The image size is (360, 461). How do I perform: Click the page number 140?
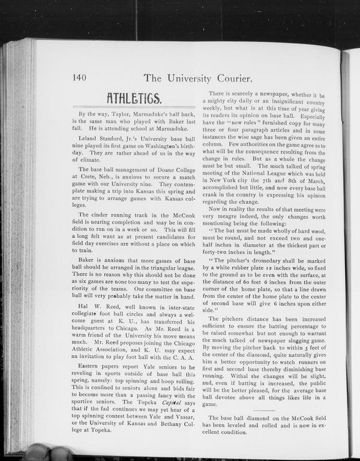81,77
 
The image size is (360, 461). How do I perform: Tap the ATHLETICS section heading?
133,97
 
